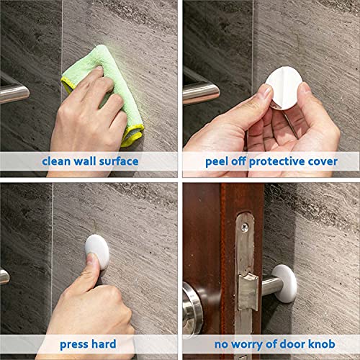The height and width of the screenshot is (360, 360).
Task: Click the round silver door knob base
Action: (195, 302)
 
